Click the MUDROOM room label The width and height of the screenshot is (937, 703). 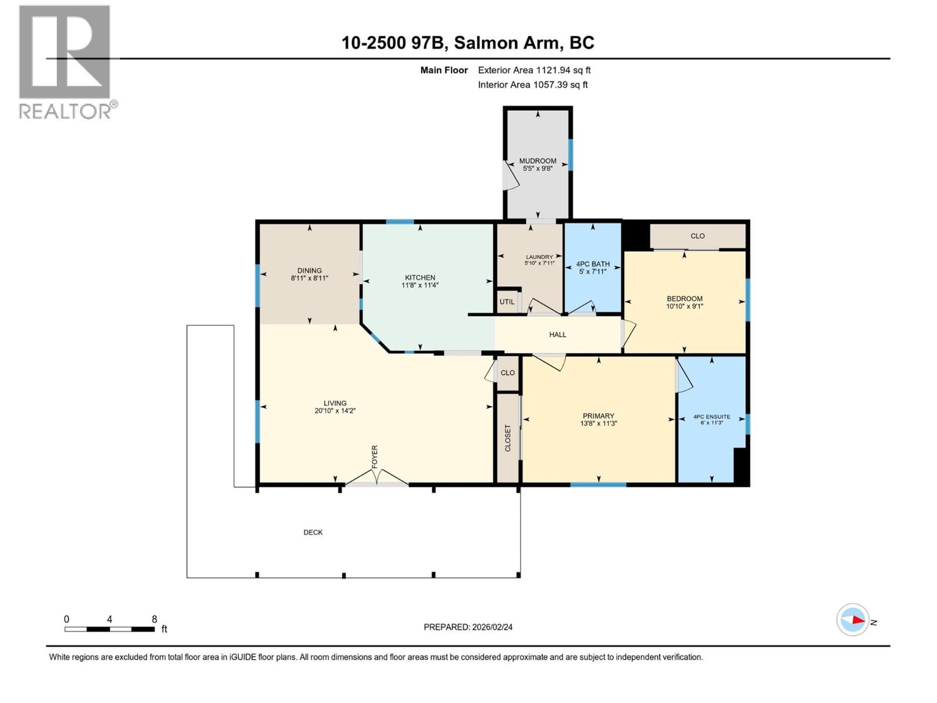[538, 161]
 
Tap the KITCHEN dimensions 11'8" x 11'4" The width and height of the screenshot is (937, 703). [420, 286]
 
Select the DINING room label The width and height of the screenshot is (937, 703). [309, 271]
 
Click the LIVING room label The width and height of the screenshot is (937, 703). [335, 403]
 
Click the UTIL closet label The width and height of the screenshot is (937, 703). [507, 302]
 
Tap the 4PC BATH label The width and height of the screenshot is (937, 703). [593, 264]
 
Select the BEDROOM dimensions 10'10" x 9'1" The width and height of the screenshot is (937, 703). [684, 306]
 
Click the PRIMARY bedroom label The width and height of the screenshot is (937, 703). [598, 416]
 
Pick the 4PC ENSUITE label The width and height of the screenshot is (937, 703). [712, 417]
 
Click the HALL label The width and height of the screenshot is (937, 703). [558, 335]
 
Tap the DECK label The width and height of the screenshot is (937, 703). [313, 533]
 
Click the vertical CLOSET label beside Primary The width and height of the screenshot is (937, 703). [508, 438]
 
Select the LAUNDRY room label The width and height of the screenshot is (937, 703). [539, 257]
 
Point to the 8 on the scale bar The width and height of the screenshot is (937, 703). [155, 619]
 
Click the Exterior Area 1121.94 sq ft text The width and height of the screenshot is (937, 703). [534, 70]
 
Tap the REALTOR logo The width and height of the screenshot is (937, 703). [66, 62]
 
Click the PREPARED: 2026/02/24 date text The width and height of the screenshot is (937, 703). [468, 627]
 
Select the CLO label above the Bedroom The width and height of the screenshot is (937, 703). [697, 236]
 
